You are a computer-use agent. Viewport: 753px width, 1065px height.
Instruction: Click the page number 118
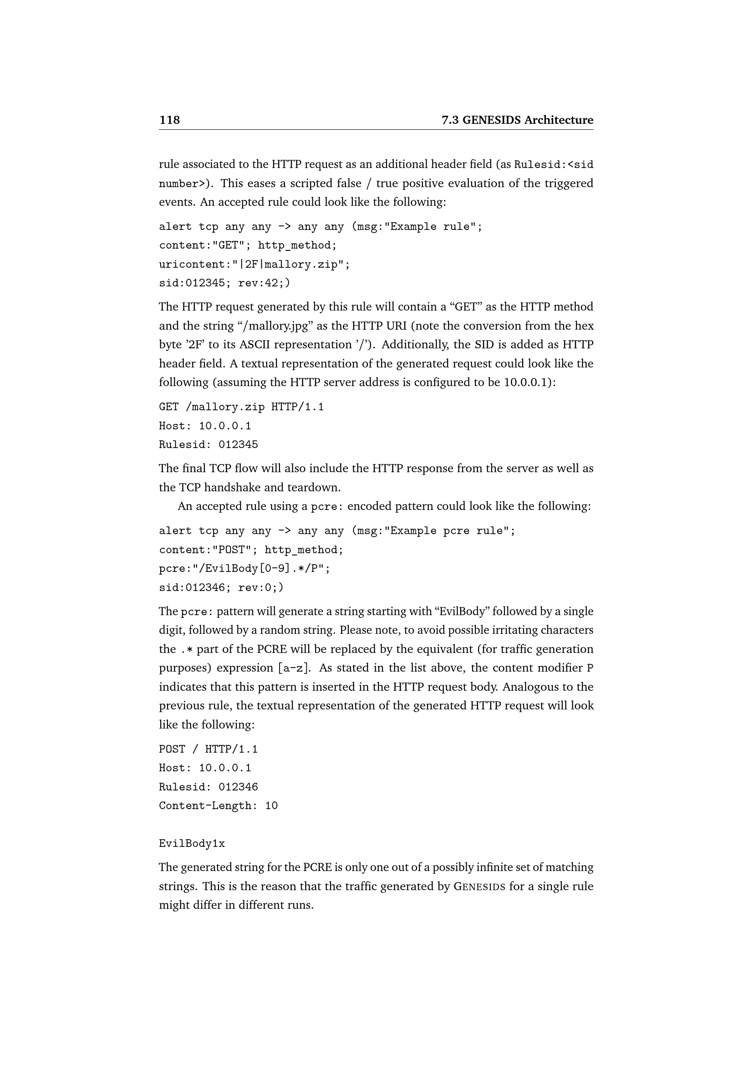(170, 120)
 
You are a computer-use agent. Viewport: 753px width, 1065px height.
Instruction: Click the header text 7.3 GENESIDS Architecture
(517, 120)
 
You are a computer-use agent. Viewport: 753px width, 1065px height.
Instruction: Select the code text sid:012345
(192, 283)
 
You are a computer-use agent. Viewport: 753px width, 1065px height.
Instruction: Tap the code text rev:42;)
(265, 283)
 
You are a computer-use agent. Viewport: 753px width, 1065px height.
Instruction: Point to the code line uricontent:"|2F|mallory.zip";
(254, 265)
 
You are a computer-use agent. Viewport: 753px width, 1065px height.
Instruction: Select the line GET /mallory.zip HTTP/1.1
(242, 407)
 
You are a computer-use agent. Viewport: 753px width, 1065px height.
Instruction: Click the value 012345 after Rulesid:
(238, 445)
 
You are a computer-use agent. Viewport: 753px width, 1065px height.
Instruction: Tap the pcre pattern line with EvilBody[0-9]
(245, 569)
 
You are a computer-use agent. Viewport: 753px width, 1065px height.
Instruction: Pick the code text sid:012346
(192, 588)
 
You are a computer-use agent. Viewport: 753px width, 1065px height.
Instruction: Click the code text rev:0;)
(261, 588)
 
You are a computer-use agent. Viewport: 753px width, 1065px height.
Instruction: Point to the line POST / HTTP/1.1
(208, 749)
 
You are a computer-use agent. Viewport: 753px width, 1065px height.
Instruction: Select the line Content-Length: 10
(219, 806)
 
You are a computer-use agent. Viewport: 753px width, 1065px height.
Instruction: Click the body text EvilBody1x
(192, 844)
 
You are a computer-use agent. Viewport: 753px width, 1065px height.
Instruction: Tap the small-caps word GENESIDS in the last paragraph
(479, 887)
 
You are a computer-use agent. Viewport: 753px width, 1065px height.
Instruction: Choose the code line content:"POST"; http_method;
(251, 550)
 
